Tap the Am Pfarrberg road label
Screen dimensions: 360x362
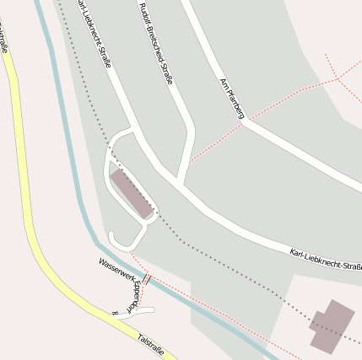coord(231,98)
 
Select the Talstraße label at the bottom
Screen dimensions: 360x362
coord(150,344)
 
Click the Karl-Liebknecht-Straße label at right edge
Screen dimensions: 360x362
coord(326,260)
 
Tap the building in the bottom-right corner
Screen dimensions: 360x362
coord(331,325)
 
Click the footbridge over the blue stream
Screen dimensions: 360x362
coord(146,278)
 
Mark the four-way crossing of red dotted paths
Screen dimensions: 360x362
coord(338,78)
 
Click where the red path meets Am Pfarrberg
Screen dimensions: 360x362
coord(242,123)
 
